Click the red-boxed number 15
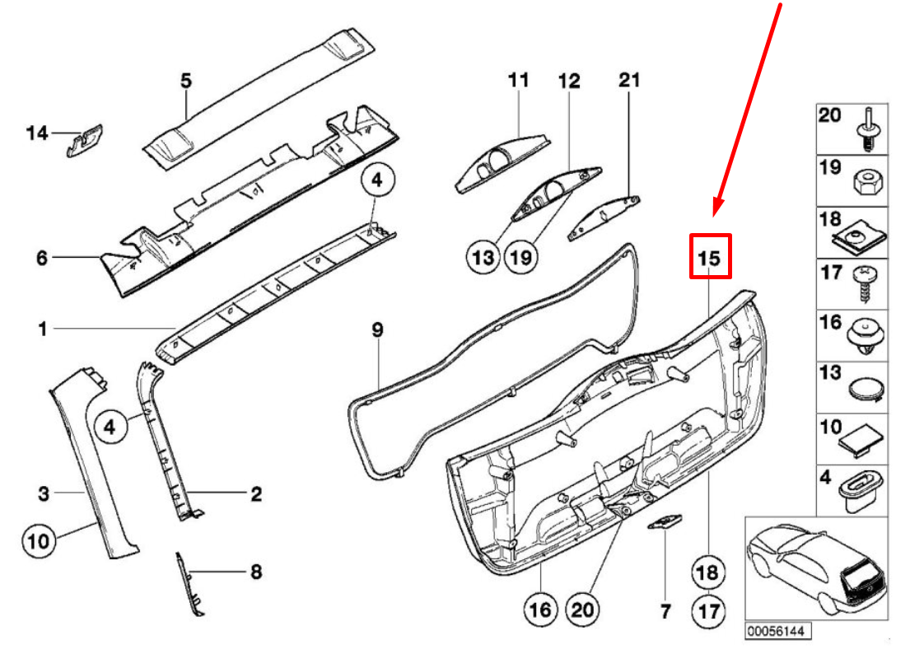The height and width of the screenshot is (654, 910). [x=710, y=257]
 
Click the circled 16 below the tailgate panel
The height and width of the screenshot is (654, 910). [x=539, y=610]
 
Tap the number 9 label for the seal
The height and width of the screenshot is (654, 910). [x=376, y=329]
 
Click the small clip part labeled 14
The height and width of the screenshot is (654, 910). [x=84, y=140]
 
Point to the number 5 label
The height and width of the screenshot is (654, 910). [x=185, y=80]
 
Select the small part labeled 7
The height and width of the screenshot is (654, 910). [x=666, y=523]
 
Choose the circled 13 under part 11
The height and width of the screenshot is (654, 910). [x=483, y=257]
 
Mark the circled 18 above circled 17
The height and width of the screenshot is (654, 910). [x=709, y=572]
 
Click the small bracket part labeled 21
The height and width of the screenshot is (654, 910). [x=604, y=217]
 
